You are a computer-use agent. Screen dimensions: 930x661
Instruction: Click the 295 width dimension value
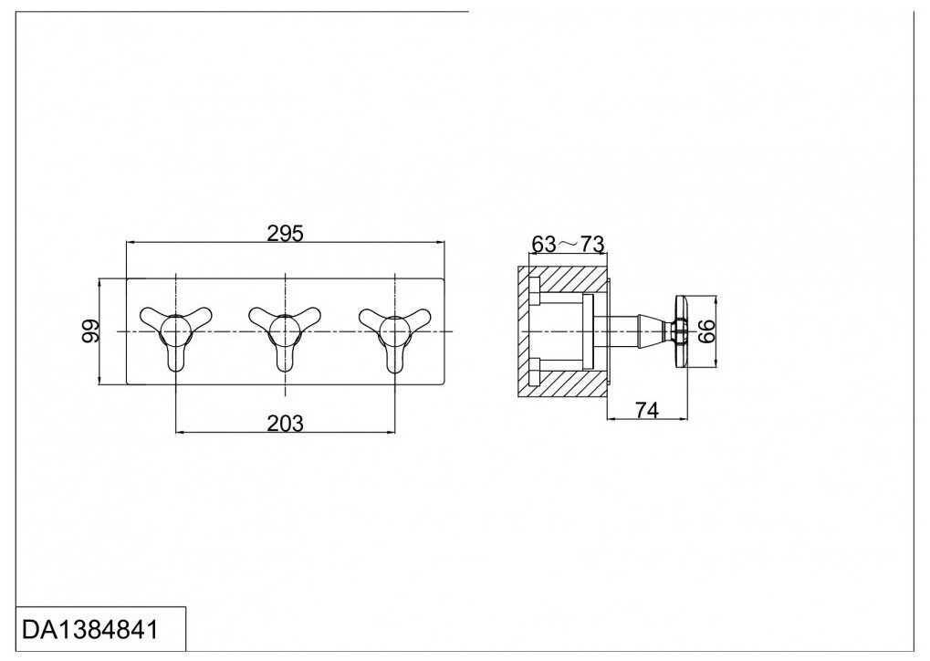285,233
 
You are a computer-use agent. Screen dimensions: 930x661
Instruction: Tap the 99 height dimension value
90,331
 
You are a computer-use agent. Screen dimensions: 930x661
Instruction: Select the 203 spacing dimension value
286,424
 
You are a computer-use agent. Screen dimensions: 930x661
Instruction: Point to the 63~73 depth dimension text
568,244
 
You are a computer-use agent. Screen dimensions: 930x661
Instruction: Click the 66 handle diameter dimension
706,331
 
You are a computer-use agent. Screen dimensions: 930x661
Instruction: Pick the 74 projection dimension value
647,409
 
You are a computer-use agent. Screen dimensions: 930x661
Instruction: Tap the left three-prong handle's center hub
175,330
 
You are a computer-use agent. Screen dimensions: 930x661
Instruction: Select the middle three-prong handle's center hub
286,330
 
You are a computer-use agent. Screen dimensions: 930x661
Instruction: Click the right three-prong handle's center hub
394,330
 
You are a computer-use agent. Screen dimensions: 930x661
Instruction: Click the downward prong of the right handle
395,357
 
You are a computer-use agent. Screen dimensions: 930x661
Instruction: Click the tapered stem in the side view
653,331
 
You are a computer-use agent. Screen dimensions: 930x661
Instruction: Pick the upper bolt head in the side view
535,290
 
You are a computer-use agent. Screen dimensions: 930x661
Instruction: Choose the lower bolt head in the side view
535,372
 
